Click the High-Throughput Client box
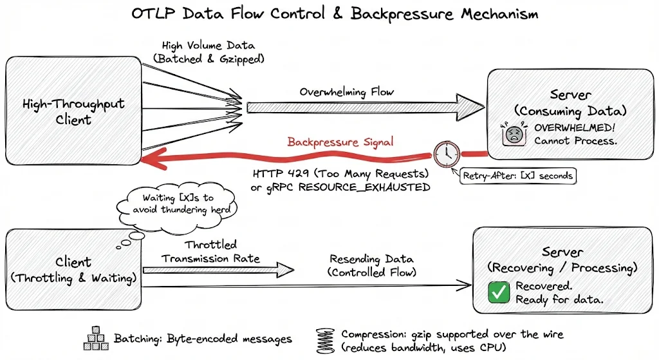tap(73, 111)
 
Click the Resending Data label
tap(371, 259)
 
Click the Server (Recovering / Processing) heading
tap(562, 260)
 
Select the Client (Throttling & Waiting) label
tap(73, 270)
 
